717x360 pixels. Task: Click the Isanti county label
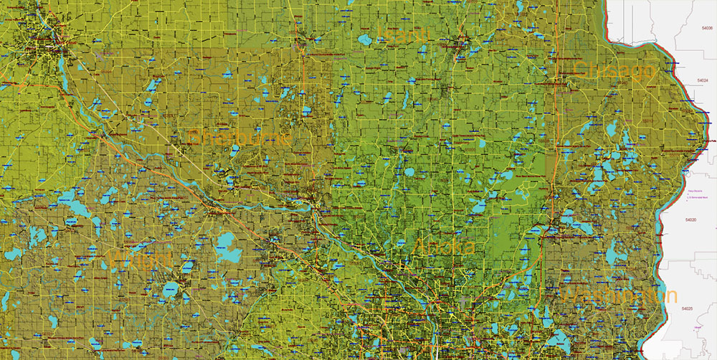click(404, 33)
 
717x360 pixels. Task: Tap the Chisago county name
click(614, 70)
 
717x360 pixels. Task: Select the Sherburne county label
click(239, 136)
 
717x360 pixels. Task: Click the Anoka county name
click(445, 247)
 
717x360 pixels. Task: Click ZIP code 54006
click(707, 28)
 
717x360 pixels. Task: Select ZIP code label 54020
click(690, 220)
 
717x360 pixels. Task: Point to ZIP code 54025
click(687, 308)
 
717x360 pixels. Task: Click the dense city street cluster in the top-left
click(43, 43)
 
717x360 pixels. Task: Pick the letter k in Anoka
click(456, 247)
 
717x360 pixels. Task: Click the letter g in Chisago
click(631, 72)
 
